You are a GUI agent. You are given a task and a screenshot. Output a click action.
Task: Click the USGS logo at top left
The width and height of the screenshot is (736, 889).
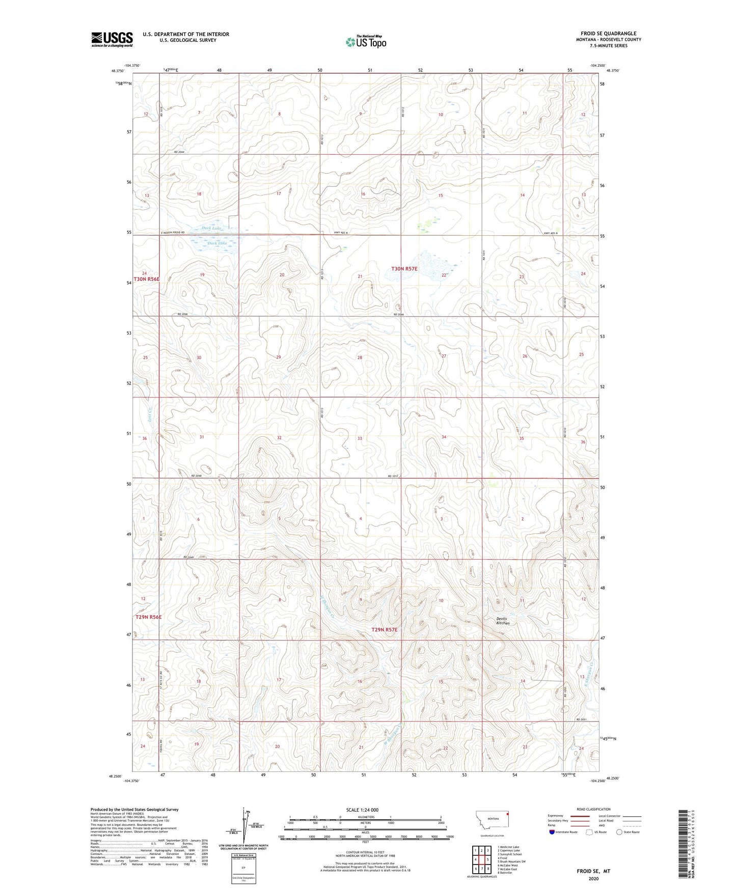[112, 39]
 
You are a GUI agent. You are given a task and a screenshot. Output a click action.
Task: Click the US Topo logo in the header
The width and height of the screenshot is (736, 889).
[366, 42]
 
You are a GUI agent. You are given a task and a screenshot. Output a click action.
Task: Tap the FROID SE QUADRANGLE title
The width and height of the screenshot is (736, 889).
[608, 34]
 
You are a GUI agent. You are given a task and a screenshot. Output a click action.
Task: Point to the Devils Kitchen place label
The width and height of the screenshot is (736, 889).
[503, 621]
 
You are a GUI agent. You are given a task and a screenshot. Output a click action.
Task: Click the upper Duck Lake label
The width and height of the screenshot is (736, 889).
[211, 228]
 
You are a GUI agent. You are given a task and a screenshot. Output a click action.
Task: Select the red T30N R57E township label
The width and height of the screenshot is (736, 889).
[404, 268]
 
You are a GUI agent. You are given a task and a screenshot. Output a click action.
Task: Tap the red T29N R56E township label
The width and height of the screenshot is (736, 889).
[148, 617]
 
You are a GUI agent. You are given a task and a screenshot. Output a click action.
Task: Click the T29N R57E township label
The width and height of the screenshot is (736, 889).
[384, 630]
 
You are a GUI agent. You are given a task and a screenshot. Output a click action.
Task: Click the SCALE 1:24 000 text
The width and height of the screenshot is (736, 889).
[362, 810]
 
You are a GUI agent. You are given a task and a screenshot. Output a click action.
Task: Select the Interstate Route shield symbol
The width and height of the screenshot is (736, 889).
[552, 832]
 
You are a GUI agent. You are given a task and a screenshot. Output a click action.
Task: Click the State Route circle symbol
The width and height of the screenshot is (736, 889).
[619, 832]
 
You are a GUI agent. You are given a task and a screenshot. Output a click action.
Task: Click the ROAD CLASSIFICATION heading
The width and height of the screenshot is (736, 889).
[593, 809]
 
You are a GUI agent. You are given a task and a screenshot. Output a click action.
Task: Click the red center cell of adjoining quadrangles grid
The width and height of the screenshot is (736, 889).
[481, 859]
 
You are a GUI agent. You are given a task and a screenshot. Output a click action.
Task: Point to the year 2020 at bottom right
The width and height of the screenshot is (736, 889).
[593, 878]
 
